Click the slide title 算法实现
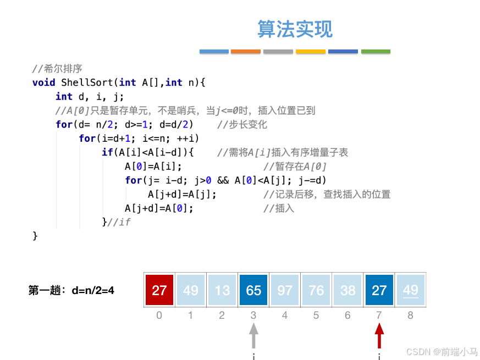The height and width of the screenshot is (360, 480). click(x=295, y=29)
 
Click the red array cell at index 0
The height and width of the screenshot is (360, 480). click(x=159, y=290)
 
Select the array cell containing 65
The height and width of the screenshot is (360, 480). click(x=253, y=290)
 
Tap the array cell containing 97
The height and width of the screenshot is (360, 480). click(x=285, y=290)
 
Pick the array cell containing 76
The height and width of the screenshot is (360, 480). click(x=316, y=290)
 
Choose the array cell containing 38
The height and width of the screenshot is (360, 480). click(x=347, y=290)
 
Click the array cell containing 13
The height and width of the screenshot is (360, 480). click(x=222, y=290)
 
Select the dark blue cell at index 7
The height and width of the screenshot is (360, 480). click(x=379, y=290)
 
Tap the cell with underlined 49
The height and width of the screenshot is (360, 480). click(x=411, y=290)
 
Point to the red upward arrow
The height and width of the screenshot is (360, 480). click(x=379, y=336)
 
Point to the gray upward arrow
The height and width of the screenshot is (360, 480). click(x=253, y=336)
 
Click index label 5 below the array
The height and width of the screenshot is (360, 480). click(x=316, y=315)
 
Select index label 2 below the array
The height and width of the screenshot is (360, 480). click(x=222, y=315)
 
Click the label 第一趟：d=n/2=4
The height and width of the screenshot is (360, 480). click(x=71, y=290)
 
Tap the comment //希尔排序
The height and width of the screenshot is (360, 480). click(x=57, y=69)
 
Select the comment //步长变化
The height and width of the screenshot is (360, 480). click(x=242, y=124)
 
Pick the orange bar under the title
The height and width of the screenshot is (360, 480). click(x=246, y=52)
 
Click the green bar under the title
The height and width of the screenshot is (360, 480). click(x=376, y=52)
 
